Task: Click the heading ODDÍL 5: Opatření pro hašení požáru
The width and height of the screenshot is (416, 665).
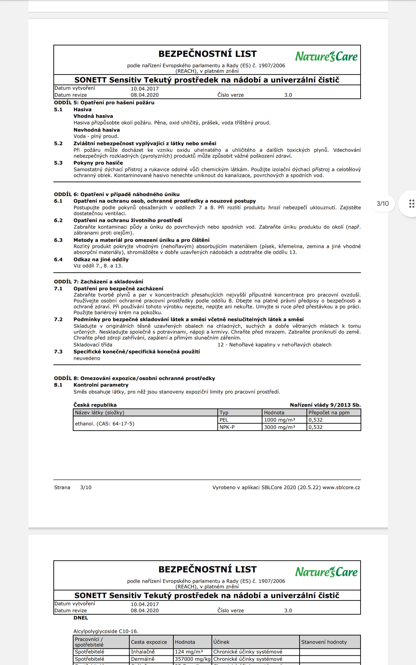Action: click(x=104, y=103)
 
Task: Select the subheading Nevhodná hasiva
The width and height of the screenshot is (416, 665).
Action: click(x=96, y=130)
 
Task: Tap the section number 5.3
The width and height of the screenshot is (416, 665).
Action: click(x=58, y=163)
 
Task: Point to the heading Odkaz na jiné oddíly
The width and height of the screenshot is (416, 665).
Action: click(x=101, y=259)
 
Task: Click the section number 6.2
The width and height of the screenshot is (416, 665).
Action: click(x=58, y=220)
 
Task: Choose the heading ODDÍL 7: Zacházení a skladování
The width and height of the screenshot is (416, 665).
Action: click(x=98, y=282)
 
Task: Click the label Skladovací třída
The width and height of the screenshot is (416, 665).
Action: click(x=93, y=345)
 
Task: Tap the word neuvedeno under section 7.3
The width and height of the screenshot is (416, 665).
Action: click(x=87, y=358)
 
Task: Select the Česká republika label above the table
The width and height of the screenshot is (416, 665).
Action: click(x=95, y=405)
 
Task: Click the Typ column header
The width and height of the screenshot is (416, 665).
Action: click(x=224, y=413)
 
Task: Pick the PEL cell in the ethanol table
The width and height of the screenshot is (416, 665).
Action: click(x=224, y=420)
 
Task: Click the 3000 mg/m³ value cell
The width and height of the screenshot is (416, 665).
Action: click(x=279, y=427)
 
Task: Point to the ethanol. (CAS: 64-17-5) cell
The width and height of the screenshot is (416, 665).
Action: click(x=105, y=424)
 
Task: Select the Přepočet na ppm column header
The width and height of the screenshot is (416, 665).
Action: click(x=329, y=413)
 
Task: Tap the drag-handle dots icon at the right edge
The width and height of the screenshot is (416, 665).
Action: click(x=411, y=204)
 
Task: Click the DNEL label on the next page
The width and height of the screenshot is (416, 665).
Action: click(x=81, y=618)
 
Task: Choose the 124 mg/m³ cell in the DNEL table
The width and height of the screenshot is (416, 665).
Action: click(x=189, y=651)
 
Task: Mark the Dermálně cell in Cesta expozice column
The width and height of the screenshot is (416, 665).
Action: click(x=142, y=659)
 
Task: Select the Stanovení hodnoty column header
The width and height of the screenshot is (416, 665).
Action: click(x=324, y=642)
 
